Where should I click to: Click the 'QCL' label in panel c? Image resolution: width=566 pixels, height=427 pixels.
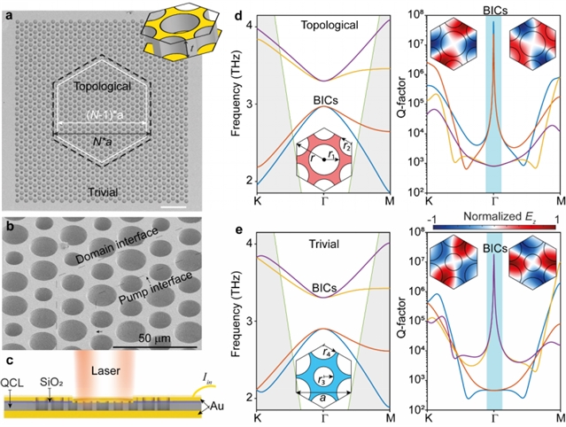pos(14,382)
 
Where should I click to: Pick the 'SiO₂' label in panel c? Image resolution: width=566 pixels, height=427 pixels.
pos(51,382)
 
